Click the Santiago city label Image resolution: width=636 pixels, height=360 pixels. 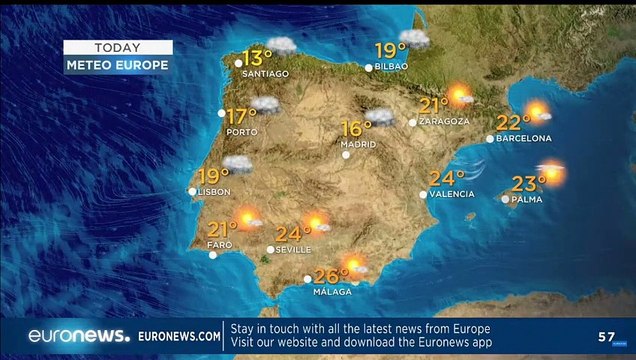click(x=267, y=73)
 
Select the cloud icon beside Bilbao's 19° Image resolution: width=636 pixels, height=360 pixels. click(x=416, y=40)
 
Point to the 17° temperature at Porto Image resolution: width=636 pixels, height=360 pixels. click(x=241, y=115)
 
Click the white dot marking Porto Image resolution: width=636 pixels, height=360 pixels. click(x=221, y=113)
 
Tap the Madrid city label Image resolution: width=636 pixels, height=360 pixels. click(x=358, y=144)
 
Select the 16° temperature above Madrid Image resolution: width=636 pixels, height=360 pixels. click(x=357, y=128)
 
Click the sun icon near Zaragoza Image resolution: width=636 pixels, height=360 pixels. click(x=459, y=96)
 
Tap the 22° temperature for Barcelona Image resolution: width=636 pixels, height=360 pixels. click(x=512, y=123)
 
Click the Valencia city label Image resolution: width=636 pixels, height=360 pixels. click(x=451, y=194)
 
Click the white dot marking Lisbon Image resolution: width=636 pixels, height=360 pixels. click(x=193, y=190)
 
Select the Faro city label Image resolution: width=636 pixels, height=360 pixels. click(x=219, y=244)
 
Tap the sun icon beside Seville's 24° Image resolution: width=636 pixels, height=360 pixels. click(x=315, y=223)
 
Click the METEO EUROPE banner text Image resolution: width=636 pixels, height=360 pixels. click(x=118, y=65)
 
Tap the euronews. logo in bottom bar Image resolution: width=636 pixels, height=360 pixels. click(x=78, y=337)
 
